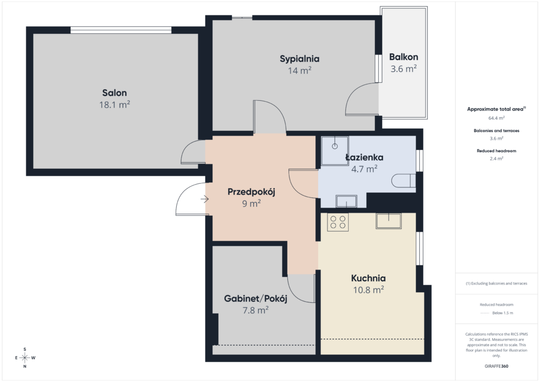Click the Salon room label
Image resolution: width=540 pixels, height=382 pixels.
pos(114,93)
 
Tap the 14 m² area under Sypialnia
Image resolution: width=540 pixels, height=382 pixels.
pos(300,70)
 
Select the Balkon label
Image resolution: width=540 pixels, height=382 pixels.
pos(403,57)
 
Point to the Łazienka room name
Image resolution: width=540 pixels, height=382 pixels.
pos(364,157)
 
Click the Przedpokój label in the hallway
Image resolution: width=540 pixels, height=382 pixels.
pos(252,192)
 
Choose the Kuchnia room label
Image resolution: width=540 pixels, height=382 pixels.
pos(369,278)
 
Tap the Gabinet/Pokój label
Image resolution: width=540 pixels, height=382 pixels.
pos(256,298)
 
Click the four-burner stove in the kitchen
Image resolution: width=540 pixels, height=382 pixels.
pos(338,222)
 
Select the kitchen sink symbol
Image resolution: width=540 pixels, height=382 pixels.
pos(389,221)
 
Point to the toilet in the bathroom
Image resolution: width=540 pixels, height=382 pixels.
pos(403,180)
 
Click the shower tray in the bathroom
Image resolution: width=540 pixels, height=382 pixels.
pos(335,150)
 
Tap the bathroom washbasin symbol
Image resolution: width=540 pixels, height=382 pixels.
pos(346,201)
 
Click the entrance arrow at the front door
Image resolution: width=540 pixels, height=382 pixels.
pos(205,199)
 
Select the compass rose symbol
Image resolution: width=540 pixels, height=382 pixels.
pos(25,358)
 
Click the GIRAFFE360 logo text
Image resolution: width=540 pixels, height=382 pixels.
pos(496,366)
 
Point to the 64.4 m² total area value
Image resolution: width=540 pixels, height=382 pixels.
pos(496,118)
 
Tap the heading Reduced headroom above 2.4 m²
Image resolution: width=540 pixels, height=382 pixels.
pos(496,151)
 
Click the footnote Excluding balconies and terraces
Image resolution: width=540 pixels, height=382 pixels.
pos(496,283)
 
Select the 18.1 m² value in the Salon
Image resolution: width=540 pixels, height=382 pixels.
pos(114,104)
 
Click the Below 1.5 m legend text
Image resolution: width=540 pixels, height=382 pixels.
pos(503,313)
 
